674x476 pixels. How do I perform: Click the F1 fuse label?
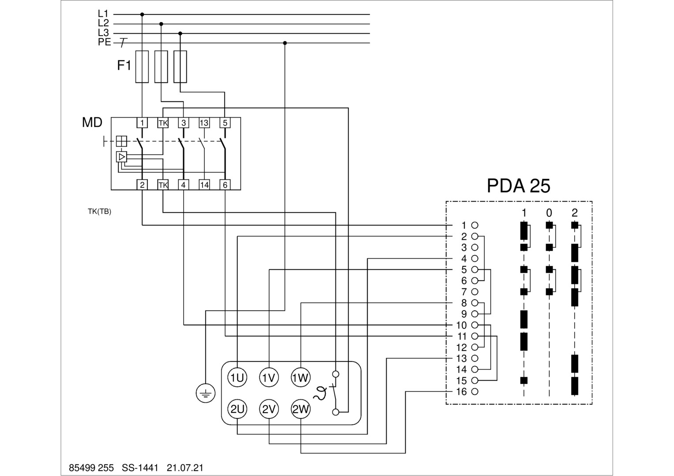point(124,66)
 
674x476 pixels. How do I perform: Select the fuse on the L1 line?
point(142,67)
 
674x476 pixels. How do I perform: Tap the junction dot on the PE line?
point(285,43)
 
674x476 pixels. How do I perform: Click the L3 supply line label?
point(103,33)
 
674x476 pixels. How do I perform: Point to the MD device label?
point(92,123)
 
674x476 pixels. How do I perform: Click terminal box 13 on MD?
point(204,123)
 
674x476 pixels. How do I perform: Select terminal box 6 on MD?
point(225,185)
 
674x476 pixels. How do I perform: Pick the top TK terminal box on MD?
point(163,123)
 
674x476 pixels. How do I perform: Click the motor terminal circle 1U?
point(237,378)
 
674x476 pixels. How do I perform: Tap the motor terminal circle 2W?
point(301,409)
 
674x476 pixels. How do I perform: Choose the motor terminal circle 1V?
point(269,378)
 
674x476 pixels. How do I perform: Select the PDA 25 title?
point(518,186)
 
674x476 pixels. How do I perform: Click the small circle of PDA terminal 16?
point(475,391)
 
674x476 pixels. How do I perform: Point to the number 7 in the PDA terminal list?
point(463,292)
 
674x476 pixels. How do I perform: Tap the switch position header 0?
point(549,213)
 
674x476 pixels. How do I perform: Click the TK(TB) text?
point(99,212)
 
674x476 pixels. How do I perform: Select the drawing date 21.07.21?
point(185,468)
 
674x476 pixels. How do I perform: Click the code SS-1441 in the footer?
point(140,468)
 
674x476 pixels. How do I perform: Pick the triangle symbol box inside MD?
point(121,156)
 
